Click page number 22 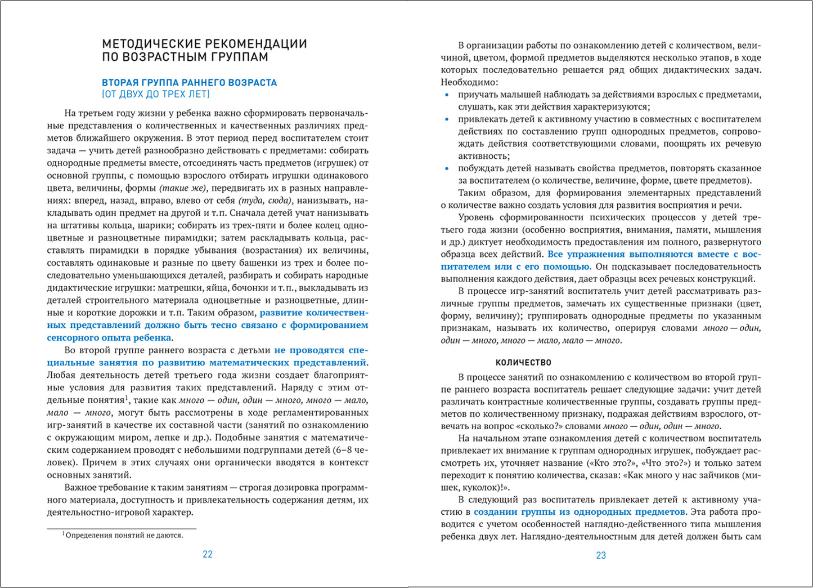(207, 554)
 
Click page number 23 (600, 555)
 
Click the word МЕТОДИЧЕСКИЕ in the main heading (150, 44)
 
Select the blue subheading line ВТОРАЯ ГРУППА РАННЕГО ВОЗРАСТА (189, 82)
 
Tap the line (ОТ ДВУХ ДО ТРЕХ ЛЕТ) (156, 94)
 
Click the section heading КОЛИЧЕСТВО (523, 363)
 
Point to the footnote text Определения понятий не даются (124, 535)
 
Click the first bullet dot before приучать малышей (447, 95)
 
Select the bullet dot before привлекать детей (447, 119)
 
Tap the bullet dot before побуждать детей (447, 168)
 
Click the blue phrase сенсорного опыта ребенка (109, 338)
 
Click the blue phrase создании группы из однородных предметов (580, 512)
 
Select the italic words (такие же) (183, 188)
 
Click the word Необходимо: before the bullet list (465, 82)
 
